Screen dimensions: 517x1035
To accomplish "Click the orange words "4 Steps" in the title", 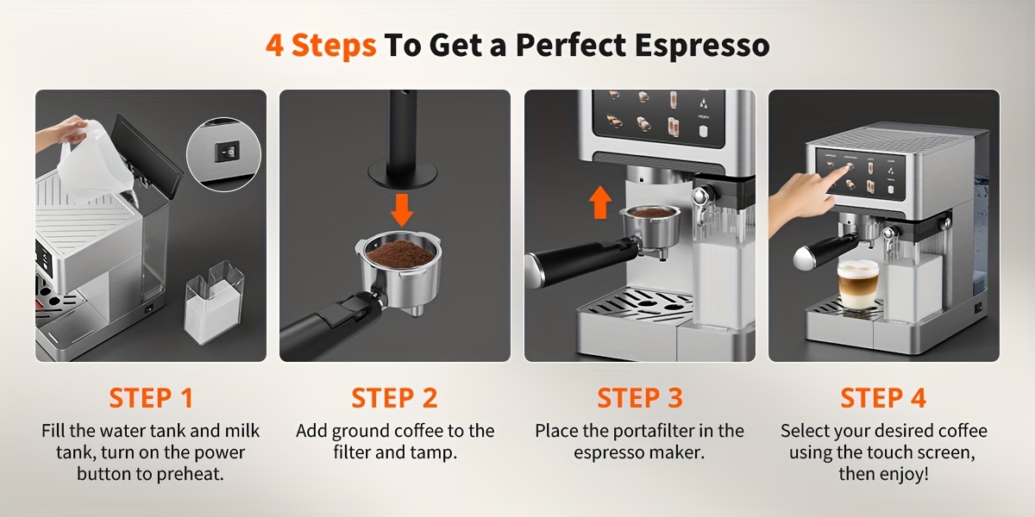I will click(320, 45).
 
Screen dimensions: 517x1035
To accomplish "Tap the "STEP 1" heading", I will click(151, 398).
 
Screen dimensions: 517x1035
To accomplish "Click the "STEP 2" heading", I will click(394, 398).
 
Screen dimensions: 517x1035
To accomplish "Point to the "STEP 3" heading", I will click(639, 398).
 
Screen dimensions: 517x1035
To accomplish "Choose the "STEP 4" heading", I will click(883, 398).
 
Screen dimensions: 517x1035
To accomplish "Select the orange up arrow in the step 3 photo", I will click(601, 202).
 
